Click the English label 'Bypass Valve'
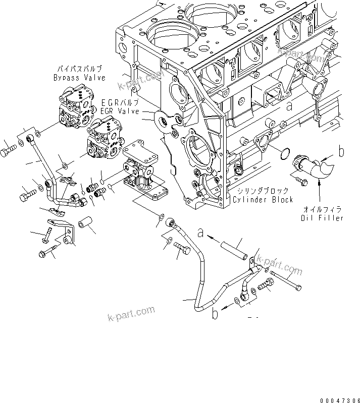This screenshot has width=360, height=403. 79,78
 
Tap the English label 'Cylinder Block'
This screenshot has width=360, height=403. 263,200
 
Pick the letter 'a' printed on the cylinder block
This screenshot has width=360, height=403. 289,106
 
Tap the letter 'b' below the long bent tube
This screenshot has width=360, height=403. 216,314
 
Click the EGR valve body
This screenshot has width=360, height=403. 106,138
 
